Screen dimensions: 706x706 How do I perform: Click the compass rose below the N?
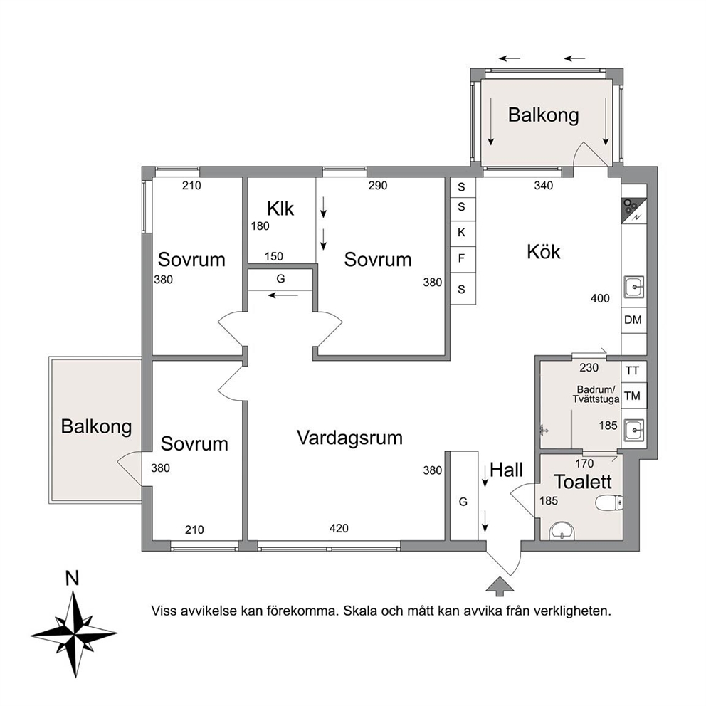(74, 634)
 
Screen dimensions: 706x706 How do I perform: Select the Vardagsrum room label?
(350, 438)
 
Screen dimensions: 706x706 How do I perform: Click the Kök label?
(544, 252)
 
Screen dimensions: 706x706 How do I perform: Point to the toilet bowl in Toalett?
(609, 502)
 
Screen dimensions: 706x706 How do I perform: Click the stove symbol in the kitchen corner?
(634, 211)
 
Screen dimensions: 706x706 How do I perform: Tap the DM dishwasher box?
(633, 320)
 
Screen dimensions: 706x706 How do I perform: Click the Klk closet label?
(280, 209)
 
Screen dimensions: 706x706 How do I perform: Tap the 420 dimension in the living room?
(339, 528)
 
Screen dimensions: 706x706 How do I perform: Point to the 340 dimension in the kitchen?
(544, 186)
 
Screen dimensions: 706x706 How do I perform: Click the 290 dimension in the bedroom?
(378, 186)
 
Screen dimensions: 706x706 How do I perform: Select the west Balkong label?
(96, 427)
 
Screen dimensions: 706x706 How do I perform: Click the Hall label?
(507, 470)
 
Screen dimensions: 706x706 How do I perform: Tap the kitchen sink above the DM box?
(634, 288)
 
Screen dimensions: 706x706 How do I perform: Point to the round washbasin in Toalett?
(562, 532)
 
